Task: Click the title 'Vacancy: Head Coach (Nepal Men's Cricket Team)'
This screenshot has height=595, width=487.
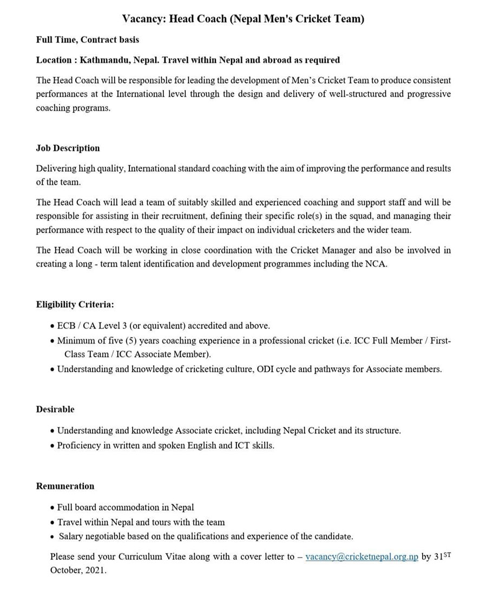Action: tap(243, 19)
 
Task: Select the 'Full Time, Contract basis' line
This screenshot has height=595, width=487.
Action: tap(87, 40)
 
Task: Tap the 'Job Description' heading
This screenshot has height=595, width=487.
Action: tap(68, 148)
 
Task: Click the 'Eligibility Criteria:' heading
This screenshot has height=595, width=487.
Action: tap(75, 305)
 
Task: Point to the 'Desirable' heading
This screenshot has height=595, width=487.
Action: tap(55, 409)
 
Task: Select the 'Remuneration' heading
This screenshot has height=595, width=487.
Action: tap(65, 486)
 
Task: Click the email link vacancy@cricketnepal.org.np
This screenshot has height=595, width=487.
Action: tap(361, 557)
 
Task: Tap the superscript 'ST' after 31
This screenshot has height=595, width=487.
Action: tap(446, 554)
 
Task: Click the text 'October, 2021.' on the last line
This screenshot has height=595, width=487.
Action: tap(78, 571)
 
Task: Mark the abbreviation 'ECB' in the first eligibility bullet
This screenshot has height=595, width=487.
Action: tap(66, 326)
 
